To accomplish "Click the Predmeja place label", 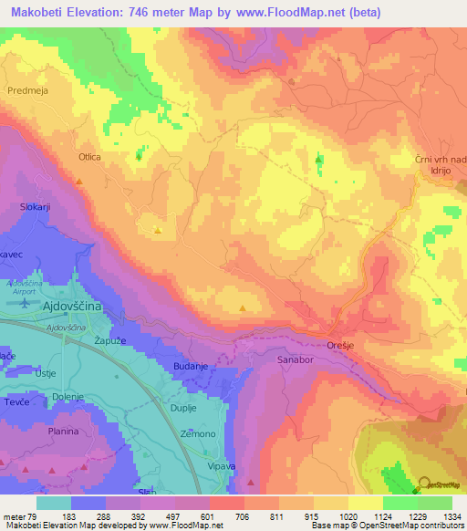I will [26, 90].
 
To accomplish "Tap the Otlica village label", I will [89, 157].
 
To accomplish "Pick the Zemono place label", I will [198, 433].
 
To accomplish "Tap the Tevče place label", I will [16, 401].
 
